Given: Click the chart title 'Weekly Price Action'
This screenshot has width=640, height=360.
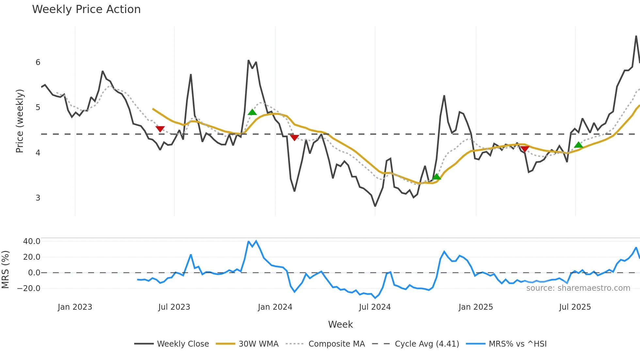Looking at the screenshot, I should (86, 9).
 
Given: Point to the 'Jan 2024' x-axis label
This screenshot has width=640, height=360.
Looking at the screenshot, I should (275, 307).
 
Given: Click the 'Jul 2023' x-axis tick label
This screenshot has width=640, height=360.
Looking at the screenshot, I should (174, 307).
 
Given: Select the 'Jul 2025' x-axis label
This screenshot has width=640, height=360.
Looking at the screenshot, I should (575, 307).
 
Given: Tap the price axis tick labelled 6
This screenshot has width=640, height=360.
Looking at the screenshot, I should (38, 62).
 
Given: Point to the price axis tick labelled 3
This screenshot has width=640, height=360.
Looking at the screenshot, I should (38, 198).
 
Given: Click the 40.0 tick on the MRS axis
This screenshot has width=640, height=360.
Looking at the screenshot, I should (32, 241).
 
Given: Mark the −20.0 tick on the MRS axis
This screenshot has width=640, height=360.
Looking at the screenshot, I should (29, 288).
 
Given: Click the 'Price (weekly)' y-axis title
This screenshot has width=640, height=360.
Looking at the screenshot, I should (20, 121).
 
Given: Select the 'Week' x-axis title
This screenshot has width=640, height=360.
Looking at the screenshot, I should (340, 324).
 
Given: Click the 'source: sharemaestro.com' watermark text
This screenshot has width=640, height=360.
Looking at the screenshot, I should (578, 288).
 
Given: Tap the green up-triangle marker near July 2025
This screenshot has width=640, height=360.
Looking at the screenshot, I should (578, 145).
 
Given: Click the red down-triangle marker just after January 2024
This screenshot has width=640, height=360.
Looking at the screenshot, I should (294, 138).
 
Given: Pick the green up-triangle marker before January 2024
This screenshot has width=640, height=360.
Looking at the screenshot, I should (252, 112).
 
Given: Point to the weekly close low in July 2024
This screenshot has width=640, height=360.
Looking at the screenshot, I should (375, 206).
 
